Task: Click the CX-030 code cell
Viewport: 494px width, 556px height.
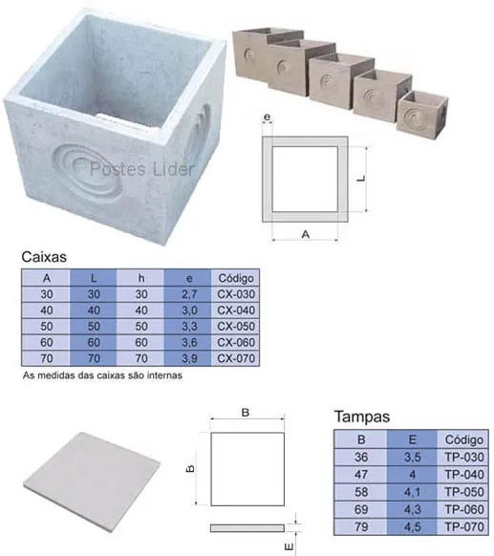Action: pos(236,294)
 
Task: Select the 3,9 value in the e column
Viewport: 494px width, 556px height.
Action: pos(189,358)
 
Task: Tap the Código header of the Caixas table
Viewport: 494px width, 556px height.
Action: pos(236,278)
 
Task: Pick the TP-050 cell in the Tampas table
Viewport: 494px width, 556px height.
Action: pos(463,492)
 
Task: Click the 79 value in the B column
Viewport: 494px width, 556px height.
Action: pos(361,526)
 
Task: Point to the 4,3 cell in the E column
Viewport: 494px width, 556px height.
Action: pos(412,509)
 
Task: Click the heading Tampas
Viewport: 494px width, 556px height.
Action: pos(362,417)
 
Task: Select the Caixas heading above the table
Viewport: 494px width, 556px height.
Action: pos(44,257)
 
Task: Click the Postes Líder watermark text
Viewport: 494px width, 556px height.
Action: pos(141,169)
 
